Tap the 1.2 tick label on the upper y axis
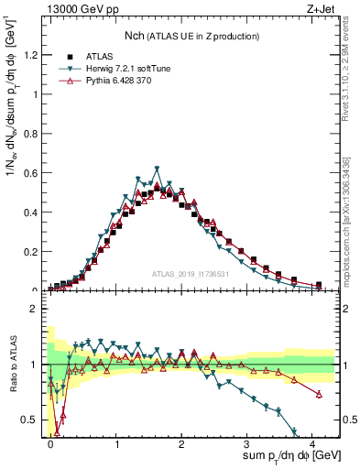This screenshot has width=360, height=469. (31, 55)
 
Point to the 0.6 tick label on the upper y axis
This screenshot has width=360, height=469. (31, 173)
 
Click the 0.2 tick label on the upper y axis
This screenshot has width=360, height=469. (31, 252)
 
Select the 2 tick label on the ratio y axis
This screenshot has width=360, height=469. (37, 309)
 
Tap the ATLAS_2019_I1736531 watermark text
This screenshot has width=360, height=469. (191, 274)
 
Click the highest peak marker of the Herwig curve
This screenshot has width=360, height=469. (158, 169)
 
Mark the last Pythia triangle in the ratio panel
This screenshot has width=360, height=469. (319, 394)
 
